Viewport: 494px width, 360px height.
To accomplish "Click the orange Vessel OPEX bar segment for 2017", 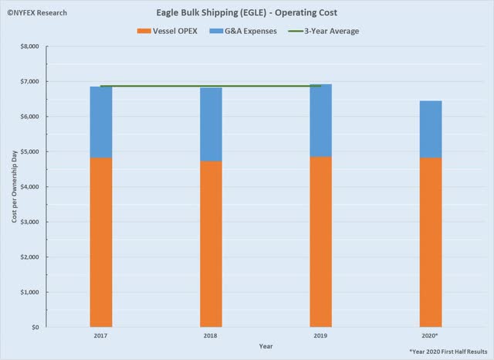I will pyautogui.click(x=100, y=243).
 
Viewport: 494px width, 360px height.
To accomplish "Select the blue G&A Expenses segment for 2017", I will pyautogui.click(x=100, y=122).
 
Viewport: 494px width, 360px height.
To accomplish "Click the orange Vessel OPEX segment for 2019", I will pyautogui.click(x=321, y=242).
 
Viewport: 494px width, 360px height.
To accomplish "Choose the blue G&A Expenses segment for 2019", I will pyautogui.click(x=321, y=121).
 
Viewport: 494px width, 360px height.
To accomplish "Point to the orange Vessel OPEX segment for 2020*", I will pyautogui.click(x=431, y=243).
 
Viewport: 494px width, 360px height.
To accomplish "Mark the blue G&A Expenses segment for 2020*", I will pyautogui.click(x=431, y=129).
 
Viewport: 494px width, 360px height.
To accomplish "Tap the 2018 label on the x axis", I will pyautogui.click(x=211, y=337).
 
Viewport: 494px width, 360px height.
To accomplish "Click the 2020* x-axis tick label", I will pyautogui.click(x=431, y=337).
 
